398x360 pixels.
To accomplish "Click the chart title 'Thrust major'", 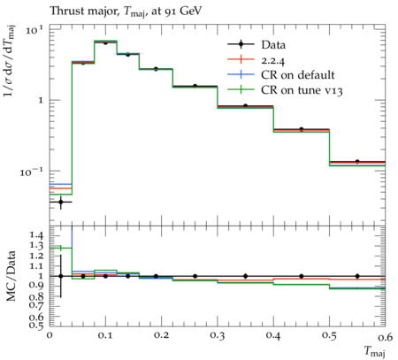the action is pos(83,11).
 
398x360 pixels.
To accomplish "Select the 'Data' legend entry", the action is pos(256,45).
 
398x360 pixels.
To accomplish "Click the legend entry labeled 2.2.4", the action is pos(256,60).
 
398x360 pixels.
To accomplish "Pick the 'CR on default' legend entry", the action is pos(281,75).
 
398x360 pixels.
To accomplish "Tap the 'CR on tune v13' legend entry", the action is pos(285,90).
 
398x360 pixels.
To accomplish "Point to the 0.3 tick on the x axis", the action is pos(218,336).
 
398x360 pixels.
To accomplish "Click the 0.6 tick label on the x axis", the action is pos(386,336).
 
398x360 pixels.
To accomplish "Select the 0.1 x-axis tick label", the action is pos(105,336).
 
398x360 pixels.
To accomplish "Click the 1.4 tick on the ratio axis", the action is pos(37,235).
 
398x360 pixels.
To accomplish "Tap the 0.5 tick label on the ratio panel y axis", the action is pos(37,325).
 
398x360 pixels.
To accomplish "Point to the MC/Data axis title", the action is pos(11,276).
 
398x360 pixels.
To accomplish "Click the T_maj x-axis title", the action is pos(375,351).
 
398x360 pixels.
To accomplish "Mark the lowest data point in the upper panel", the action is pos(61,202).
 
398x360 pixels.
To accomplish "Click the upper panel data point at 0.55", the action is pos(357,162).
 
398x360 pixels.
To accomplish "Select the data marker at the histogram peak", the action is pos(105,42).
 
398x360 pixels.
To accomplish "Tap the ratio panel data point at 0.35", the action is pos(245,276).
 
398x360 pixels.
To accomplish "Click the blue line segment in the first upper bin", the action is pos(61,184).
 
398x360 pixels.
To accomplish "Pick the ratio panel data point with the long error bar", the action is pos(61,276).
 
